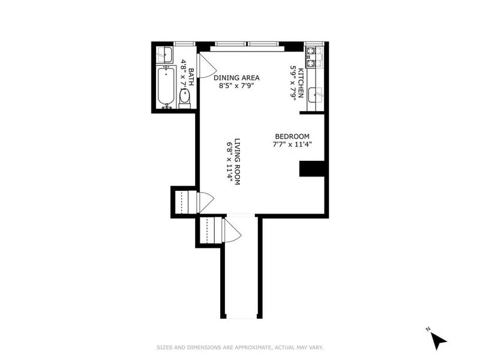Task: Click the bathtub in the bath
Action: click(166, 87)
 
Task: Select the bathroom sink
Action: click(164, 55)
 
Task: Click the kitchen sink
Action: click(316, 95)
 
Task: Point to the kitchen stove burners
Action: click(311, 57)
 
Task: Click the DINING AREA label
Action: click(236, 78)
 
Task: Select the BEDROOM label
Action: click(292, 137)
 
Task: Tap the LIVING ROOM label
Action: click(237, 161)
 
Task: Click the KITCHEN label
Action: click(301, 83)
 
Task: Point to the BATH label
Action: click(191, 77)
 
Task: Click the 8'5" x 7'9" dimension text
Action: click(236, 86)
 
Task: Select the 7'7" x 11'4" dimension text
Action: click(292, 145)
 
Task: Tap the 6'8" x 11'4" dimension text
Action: click(229, 162)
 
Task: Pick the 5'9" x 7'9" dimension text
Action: click(293, 83)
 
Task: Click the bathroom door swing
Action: click(206, 66)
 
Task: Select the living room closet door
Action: click(206, 202)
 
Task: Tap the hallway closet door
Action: click(232, 230)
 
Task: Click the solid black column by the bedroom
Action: click(311, 169)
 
